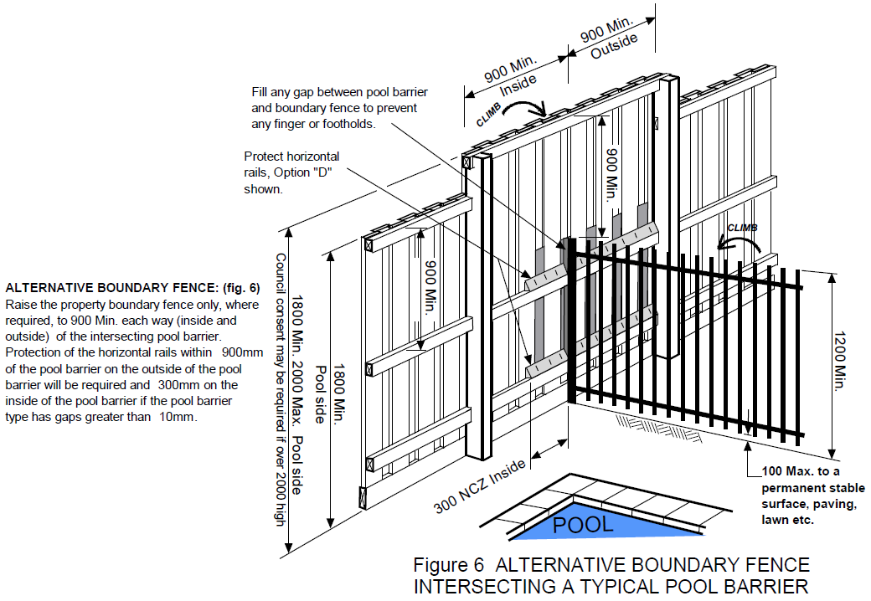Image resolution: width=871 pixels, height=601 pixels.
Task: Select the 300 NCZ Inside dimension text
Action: (x=480, y=486)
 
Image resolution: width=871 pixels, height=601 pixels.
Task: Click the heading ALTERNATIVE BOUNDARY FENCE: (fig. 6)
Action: (x=132, y=287)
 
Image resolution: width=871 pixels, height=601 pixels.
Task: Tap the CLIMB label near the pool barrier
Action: (x=742, y=227)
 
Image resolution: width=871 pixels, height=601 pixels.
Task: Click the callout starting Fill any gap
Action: (x=334, y=107)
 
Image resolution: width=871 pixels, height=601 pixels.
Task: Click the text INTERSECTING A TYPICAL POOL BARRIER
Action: (x=611, y=586)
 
